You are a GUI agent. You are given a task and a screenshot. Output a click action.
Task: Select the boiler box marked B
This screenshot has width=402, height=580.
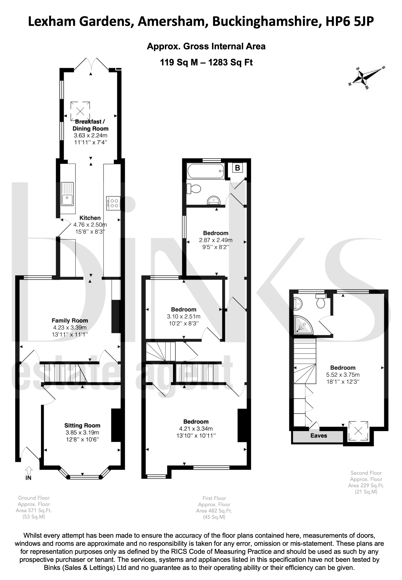click(x=237, y=168)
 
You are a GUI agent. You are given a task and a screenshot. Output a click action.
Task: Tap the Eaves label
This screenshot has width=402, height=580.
click(x=319, y=436)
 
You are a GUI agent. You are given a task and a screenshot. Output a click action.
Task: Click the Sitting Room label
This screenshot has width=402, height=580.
click(x=82, y=425)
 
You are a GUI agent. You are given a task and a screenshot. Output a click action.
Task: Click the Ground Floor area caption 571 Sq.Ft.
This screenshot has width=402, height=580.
click(x=34, y=510)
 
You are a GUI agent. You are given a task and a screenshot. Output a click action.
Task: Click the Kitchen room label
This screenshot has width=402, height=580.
click(x=90, y=218)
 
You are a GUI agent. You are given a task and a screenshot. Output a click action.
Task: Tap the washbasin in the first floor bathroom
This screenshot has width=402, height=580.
click(x=214, y=201)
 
